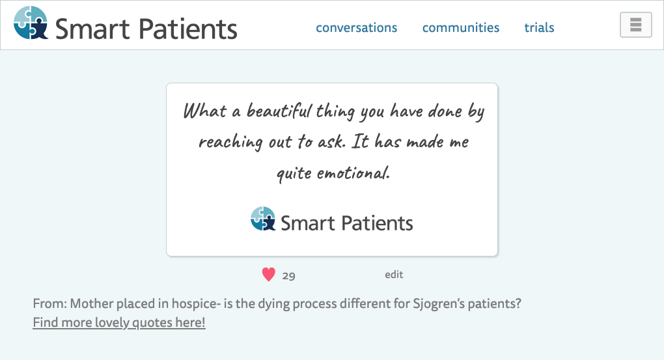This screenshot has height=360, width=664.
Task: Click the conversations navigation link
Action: (x=357, y=27)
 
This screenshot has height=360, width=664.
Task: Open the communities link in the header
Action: (x=461, y=27)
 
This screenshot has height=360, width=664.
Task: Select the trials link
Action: (x=539, y=27)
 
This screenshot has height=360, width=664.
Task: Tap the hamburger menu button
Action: (x=635, y=25)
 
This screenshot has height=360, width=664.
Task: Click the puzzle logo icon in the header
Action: (x=31, y=23)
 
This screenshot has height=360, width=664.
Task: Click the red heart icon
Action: (x=268, y=275)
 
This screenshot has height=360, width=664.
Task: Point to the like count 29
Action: (x=289, y=276)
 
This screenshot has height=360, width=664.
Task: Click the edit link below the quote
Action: (x=394, y=275)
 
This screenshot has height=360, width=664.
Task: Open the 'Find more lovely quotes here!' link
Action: (x=119, y=322)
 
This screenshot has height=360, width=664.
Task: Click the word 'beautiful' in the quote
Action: (x=279, y=111)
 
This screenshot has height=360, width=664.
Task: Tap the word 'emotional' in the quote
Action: (x=353, y=173)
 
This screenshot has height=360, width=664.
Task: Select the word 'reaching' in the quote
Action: (x=230, y=143)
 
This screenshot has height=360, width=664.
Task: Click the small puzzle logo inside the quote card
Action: (x=263, y=219)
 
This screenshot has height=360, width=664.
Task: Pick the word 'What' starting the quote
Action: (x=205, y=111)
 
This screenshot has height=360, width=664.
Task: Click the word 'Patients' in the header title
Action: (x=187, y=29)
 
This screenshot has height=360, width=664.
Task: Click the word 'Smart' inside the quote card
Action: (x=307, y=223)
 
